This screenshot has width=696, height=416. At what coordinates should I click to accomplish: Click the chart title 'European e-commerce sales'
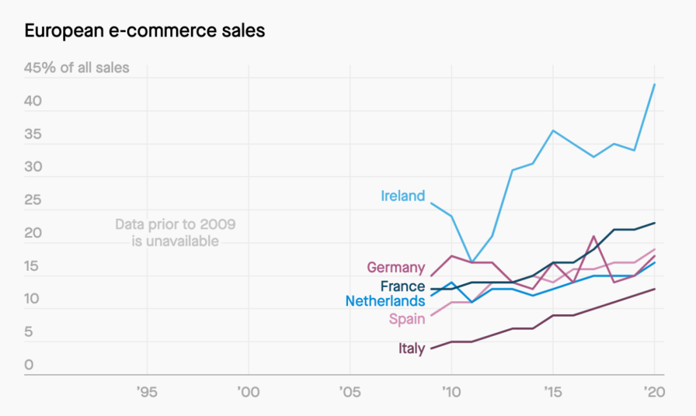tap(144, 30)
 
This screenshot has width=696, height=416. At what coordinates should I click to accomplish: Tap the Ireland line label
tap(403, 196)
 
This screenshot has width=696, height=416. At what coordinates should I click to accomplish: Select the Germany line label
tap(396, 268)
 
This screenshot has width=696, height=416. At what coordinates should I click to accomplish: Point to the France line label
tap(402, 286)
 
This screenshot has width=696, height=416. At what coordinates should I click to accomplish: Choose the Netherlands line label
tap(385, 301)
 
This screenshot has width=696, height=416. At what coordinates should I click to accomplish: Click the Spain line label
tap(407, 319)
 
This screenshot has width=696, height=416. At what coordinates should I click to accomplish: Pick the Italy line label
tap(411, 349)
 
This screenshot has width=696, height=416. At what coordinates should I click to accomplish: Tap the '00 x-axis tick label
tap(248, 391)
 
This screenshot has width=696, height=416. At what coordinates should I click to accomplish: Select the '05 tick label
tap(349, 391)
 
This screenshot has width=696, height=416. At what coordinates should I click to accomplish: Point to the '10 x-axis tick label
tap(451, 391)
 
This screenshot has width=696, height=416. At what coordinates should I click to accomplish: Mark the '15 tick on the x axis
tap(552, 391)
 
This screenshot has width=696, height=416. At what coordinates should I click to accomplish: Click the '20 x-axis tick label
tap(653, 391)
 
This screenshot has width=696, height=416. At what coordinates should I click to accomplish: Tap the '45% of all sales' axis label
tap(77, 68)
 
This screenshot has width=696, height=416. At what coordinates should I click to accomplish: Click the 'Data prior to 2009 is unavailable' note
tap(175, 233)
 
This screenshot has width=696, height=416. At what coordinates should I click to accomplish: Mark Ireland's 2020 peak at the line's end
tap(655, 84)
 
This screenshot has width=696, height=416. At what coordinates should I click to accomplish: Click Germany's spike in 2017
tap(594, 236)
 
